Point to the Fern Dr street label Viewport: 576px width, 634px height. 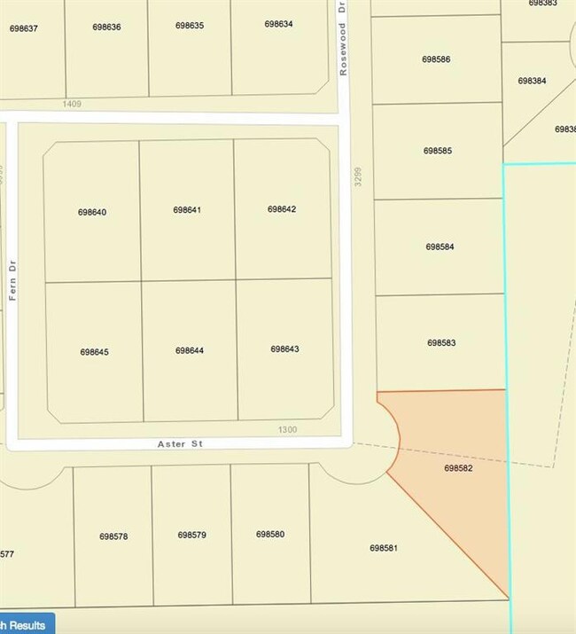(13, 281)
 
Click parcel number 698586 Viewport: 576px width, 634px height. (437, 59)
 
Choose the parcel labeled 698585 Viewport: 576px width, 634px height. (438, 151)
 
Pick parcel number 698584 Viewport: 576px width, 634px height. (440, 247)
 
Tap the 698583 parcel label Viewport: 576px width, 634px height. (440, 342)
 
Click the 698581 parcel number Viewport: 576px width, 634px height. (383, 548)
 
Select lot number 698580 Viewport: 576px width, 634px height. (269, 534)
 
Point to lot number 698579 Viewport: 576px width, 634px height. (191, 535)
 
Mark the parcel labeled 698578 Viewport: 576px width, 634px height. (113, 536)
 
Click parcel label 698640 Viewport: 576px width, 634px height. (92, 212)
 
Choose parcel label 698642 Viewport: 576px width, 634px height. (282, 209)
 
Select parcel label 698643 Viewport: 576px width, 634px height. (284, 349)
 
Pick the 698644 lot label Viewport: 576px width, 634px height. (190, 351)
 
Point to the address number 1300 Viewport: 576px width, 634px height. (287, 430)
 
